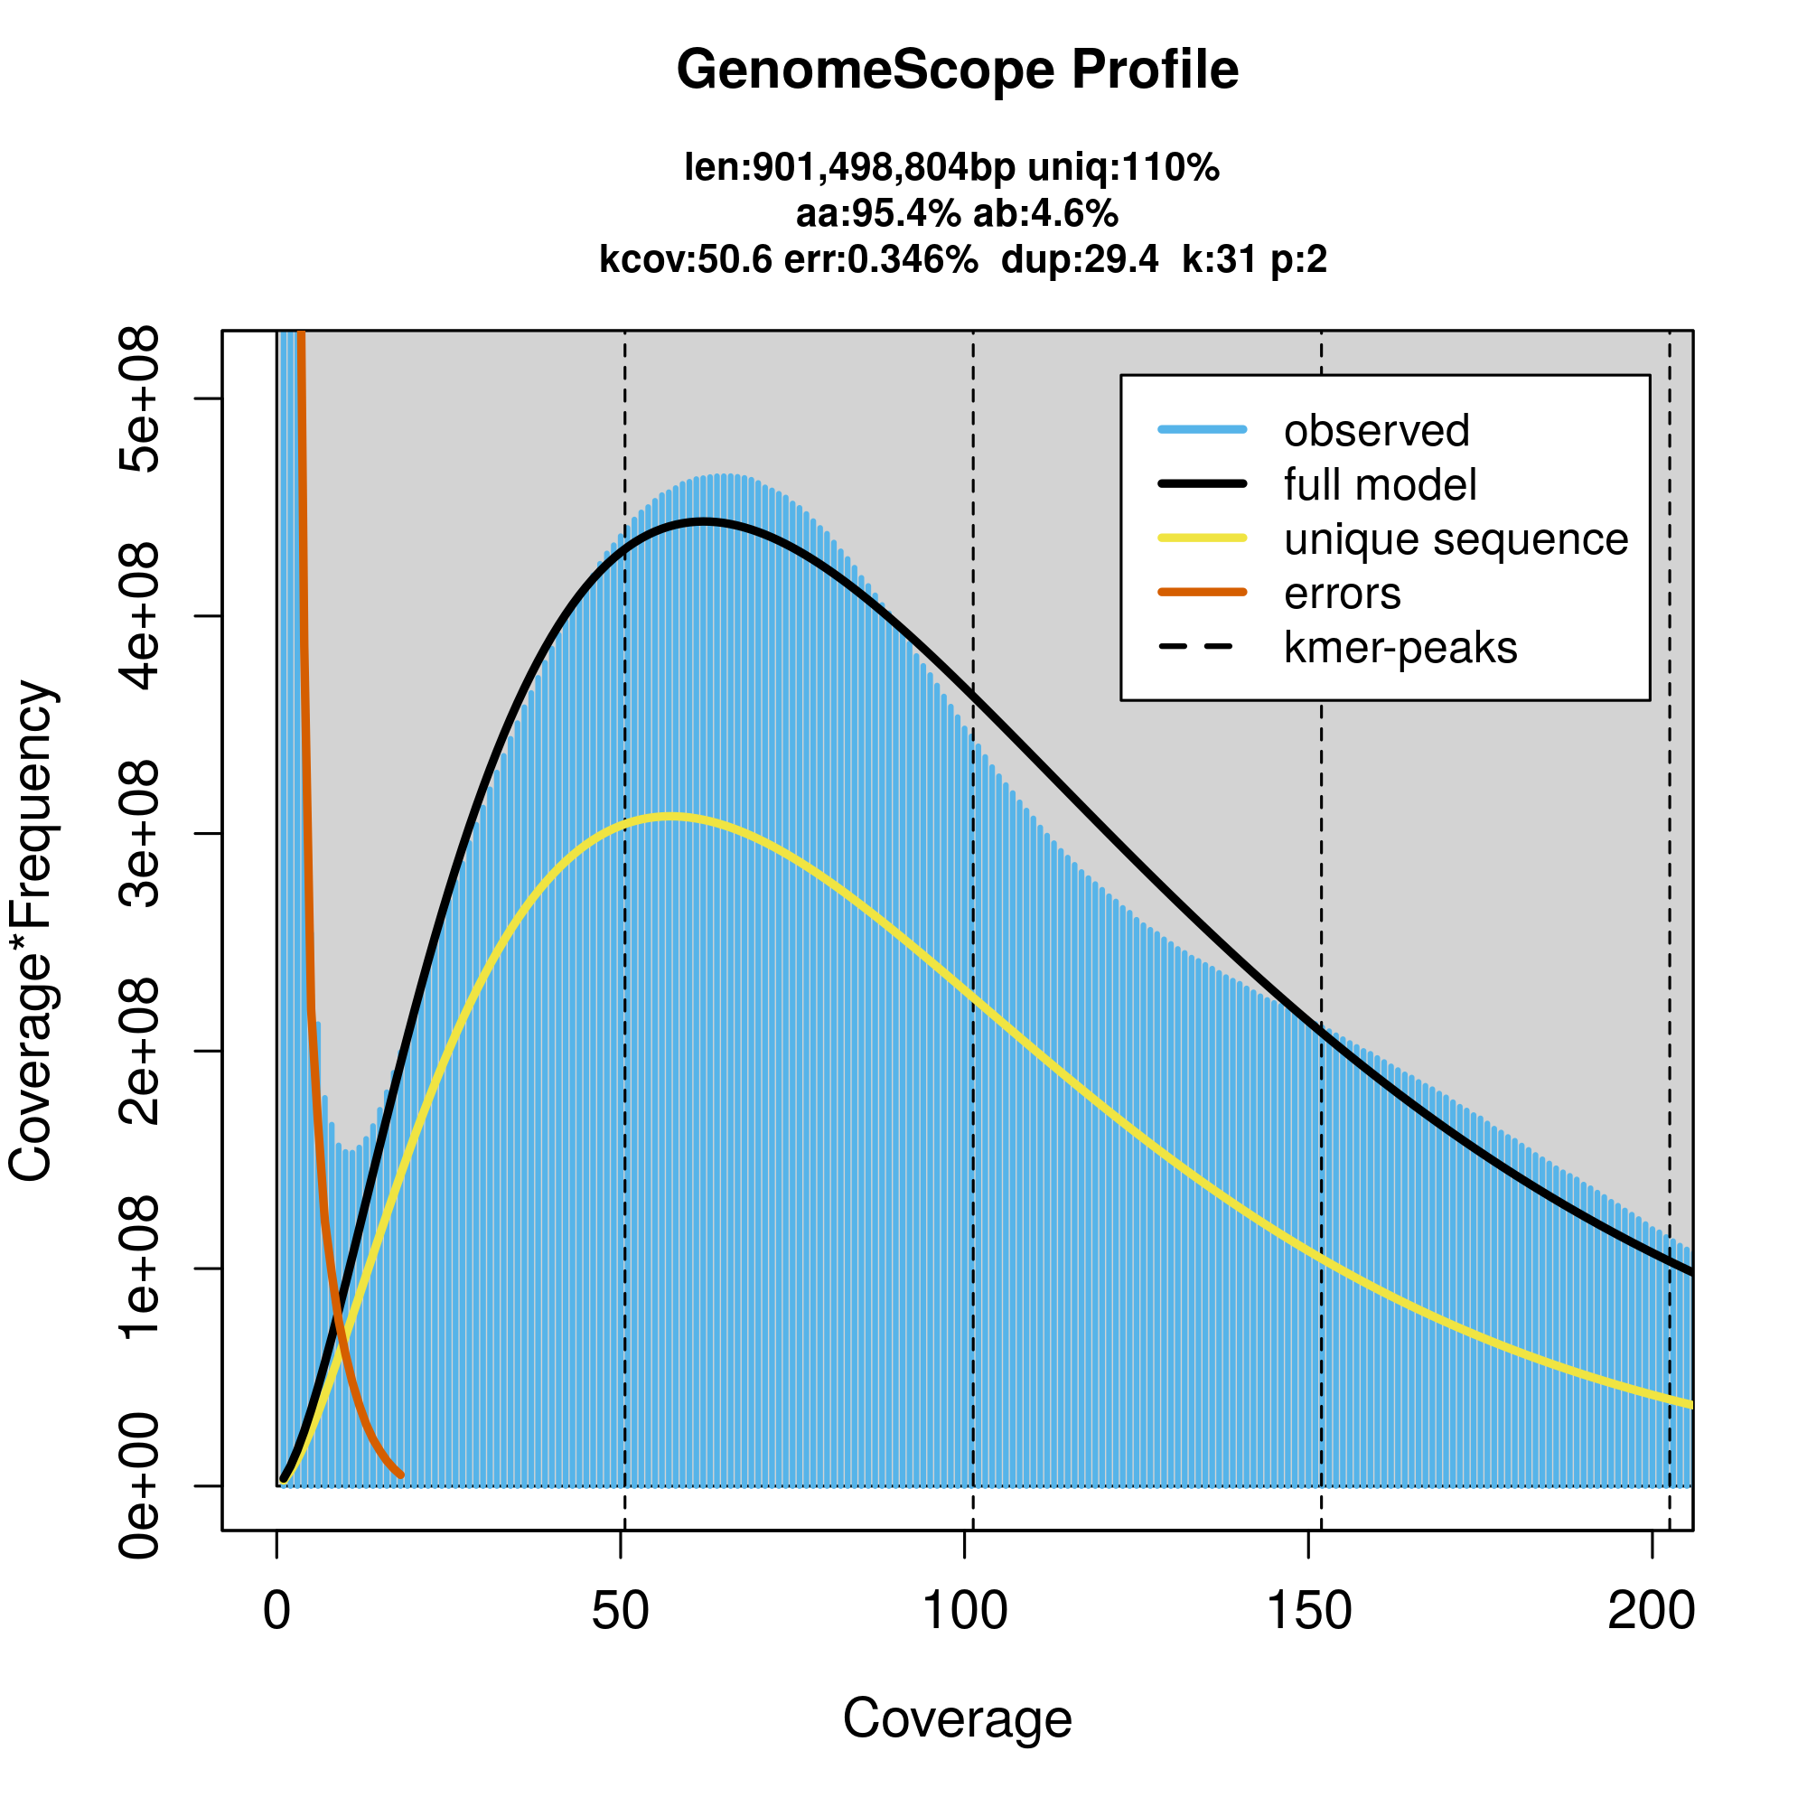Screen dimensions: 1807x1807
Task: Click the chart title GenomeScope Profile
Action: (x=957, y=70)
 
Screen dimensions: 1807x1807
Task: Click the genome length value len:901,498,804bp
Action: (x=849, y=168)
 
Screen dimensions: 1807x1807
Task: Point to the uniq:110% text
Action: (x=1123, y=168)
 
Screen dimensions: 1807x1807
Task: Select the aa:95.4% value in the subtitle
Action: (x=877, y=214)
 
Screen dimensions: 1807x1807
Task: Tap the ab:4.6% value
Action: (x=1045, y=214)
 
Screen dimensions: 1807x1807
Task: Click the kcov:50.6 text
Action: (x=686, y=259)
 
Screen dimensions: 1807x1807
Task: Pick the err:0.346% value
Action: (x=881, y=259)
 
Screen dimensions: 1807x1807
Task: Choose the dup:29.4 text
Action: (x=1080, y=259)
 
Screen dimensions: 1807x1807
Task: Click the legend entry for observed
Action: (x=1376, y=431)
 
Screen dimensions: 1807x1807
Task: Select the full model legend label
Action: (x=1380, y=485)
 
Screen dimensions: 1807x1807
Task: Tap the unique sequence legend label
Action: (x=1456, y=539)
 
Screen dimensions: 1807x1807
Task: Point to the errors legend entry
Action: (x=1343, y=594)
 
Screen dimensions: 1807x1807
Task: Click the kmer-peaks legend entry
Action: (x=1400, y=648)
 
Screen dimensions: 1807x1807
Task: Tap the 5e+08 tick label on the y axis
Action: (x=140, y=399)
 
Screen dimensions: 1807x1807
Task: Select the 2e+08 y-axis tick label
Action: (x=140, y=1052)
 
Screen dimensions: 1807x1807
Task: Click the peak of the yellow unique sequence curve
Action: (x=669, y=818)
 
